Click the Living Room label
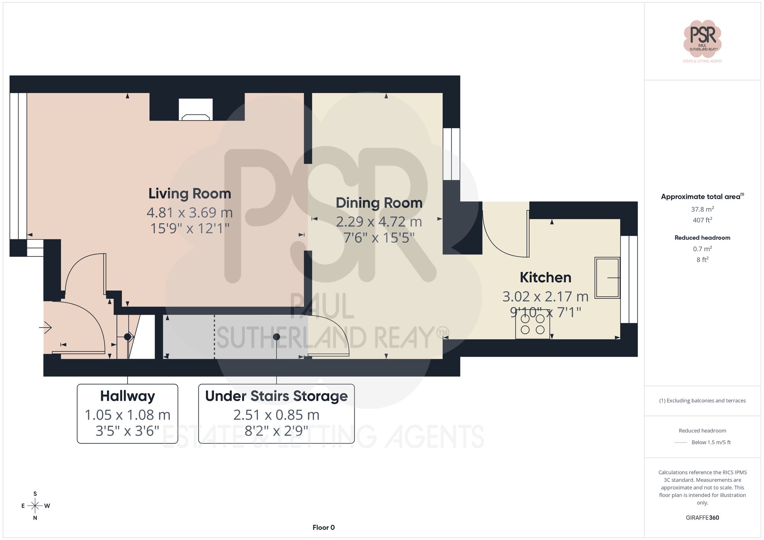189,193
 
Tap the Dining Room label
379,203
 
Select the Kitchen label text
545,277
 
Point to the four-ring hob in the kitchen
533,324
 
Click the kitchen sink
607,277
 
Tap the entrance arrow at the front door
46,327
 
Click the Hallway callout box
127,413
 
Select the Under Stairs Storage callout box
276,413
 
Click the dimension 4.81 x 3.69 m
189,213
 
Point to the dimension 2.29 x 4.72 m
379,222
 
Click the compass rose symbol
35,506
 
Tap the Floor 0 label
323,527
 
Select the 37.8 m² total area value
702,209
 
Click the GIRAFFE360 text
702,517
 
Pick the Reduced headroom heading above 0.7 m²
702,237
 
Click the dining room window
452,154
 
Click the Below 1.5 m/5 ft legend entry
711,442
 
